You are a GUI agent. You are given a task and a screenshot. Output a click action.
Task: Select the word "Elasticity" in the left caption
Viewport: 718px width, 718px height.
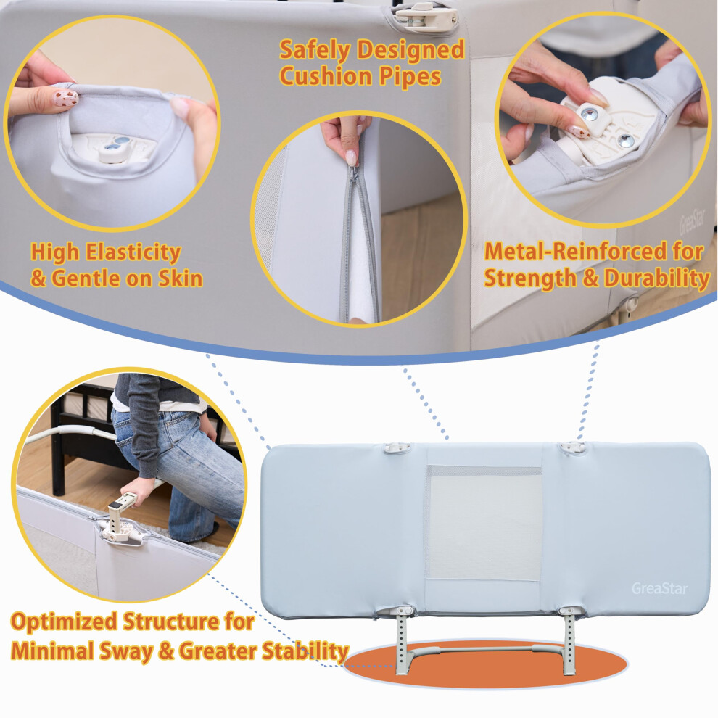[133, 252]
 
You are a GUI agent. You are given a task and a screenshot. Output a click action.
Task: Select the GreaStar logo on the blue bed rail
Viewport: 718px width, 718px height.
[660, 588]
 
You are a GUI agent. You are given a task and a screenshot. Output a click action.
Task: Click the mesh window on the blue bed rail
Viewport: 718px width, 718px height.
[484, 524]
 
